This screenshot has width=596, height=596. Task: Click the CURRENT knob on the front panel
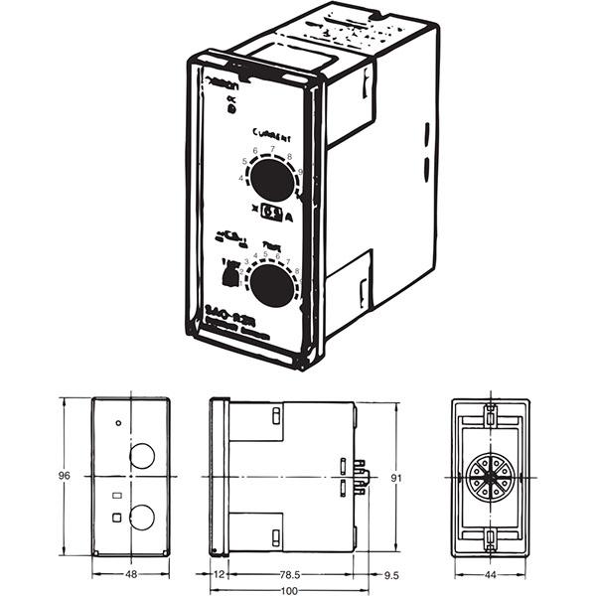(x=270, y=181)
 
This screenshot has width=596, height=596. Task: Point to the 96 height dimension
(x=65, y=476)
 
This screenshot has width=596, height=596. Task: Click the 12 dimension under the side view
(x=220, y=575)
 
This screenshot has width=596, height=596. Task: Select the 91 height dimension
(x=395, y=478)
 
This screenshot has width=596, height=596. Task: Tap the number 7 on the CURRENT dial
(x=272, y=149)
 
